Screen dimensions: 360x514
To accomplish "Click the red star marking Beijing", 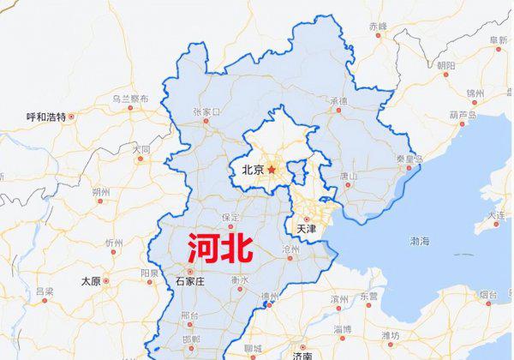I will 272,170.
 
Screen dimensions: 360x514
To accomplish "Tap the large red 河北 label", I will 221,248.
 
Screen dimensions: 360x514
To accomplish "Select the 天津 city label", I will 306,229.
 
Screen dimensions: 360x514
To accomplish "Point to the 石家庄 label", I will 191,280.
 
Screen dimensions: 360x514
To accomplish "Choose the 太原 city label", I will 90,280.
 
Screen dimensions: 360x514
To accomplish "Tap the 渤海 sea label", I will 420,241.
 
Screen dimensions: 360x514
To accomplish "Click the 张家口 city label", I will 206,111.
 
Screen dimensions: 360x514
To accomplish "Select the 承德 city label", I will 338,101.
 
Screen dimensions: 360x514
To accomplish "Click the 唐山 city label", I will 349,176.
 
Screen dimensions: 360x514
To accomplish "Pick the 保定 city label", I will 230,218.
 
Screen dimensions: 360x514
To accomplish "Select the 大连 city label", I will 496,215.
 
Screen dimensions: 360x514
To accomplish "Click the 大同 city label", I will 140,150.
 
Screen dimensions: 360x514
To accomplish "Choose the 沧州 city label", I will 290,248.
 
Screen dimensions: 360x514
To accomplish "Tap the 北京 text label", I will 253,170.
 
